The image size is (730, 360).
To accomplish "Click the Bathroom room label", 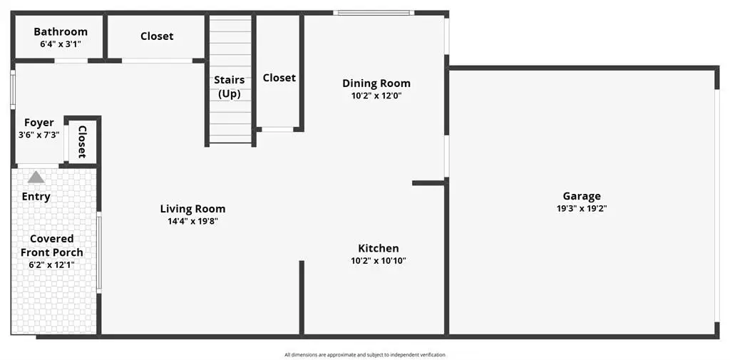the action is pyautogui.click(x=61, y=31).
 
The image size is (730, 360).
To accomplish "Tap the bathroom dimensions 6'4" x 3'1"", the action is pyautogui.click(x=61, y=45).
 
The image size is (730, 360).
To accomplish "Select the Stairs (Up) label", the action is pyautogui.click(x=230, y=87).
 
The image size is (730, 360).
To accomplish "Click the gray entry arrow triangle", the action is pyautogui.click(x=36, y=177).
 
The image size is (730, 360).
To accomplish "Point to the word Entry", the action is pyautogui.click(x=36, y=197).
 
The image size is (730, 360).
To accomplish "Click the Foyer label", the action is pyautogui.click(x=39, y=123).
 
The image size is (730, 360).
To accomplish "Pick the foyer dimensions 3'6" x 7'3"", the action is pyautogui.click(x=39, y=135).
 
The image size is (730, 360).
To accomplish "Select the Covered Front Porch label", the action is pyautogui.click(x=51, y=245).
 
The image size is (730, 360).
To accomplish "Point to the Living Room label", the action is pyautogui.click(x=192, y=209).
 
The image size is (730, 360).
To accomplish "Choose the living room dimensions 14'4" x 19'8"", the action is pyautogui.click(x=192, y=222).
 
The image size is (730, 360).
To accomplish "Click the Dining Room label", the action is pyautogui.click(x=376, y=83).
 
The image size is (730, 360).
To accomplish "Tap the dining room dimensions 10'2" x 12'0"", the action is pyautogui.click(x=376, y=96).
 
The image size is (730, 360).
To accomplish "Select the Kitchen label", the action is pyautogui.click(x=379, y=248).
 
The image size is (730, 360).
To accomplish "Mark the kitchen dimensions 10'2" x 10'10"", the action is pyautogui.click(x=379, y=261).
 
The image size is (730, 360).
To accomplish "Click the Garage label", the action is pyautogui.click(x=582, y=197).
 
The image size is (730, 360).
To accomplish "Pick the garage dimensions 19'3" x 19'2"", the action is pyautogui.click(x=582, y=209).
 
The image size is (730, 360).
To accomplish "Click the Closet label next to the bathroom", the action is pyautogui.click(x=157, y=36).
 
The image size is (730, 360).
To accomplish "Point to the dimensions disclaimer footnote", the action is pyautogui.click(x=365, y=355).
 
